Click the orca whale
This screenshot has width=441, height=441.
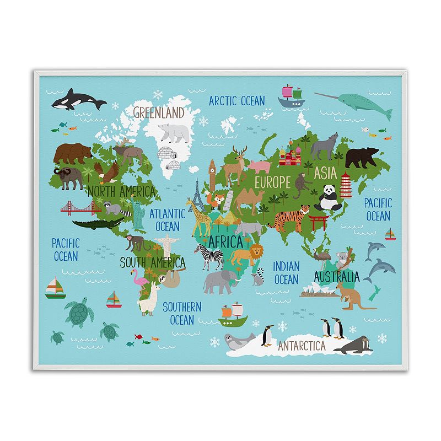pos(79,100)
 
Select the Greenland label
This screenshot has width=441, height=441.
pos(158,113)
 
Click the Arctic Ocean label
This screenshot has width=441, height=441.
pos(236,101)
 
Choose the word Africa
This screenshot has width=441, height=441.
pos(225,242)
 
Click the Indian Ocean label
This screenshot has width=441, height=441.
pos(286,273)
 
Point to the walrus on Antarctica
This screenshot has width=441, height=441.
pos(352,345)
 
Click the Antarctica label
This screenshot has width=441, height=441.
pos(302,346)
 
